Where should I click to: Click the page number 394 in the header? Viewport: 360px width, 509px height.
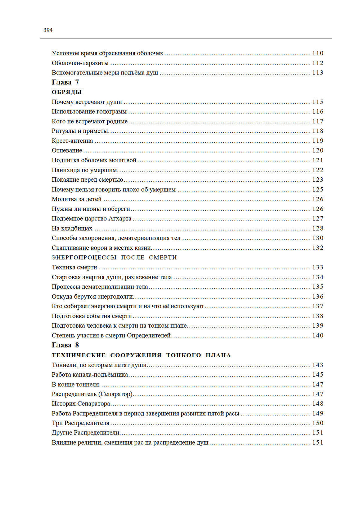tap(48, 30)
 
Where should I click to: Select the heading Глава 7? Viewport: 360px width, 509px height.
tap(65, 82)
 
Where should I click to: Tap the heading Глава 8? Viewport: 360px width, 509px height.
tap(65, 345)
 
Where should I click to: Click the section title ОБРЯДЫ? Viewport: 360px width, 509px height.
tap(67, 92)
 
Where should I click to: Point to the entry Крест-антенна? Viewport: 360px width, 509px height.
tap(72, 141)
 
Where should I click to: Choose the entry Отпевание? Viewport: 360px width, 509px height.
tap(67, 150)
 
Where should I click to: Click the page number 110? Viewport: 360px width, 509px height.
tap(318, 53)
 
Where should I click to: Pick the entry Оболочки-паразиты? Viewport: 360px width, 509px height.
tap(80, 63)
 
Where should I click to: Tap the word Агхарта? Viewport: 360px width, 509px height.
tap(120, 219)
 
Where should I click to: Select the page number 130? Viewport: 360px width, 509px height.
tap(318, 238)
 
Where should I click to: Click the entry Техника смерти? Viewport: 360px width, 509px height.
tap(74, 267)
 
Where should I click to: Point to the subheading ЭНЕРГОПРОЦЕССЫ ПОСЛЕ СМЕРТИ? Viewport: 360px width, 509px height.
tap(114, 258)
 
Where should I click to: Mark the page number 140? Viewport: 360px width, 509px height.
tap(318, 336)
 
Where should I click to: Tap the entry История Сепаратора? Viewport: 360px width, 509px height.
tap(81, 404)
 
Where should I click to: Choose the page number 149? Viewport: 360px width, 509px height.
tap(318, 414)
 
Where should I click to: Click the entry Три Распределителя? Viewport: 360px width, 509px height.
tap(80, 423)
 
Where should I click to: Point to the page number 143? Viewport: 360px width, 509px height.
tap(318, 365)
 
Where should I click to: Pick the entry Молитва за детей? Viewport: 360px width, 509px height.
tap(77, 199)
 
